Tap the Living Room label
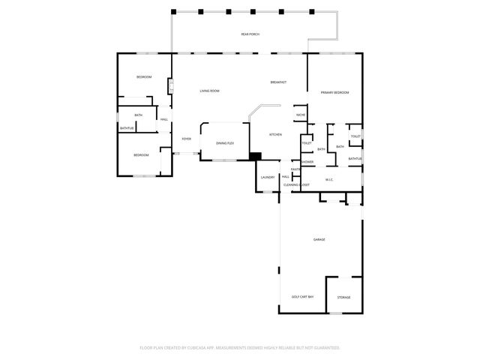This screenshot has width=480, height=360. [x=209, y=91]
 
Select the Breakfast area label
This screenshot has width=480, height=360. [x=279, y=82]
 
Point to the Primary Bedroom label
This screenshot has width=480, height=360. [x=335, y=91]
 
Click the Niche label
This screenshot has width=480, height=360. [x=301, y=115]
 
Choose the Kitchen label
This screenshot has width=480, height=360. [x=275, y=134]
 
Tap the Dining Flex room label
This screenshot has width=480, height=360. [x=225, y=142]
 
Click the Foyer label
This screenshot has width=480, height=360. [x=186, y=139]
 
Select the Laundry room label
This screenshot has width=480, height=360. [x=268, y=177]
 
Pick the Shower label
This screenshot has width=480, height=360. [x=307, y=161]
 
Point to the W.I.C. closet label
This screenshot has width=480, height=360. [x=329, y=179]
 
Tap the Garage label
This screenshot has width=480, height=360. [x=319, y=239]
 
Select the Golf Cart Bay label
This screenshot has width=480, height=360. [x=302, y=297]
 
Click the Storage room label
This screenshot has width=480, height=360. [x=343, y=297]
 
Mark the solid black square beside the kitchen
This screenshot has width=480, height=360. [x=256, y=156]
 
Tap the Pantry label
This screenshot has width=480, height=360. [x=296, y=169]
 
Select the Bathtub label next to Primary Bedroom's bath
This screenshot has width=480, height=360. [x=355, y=158]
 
